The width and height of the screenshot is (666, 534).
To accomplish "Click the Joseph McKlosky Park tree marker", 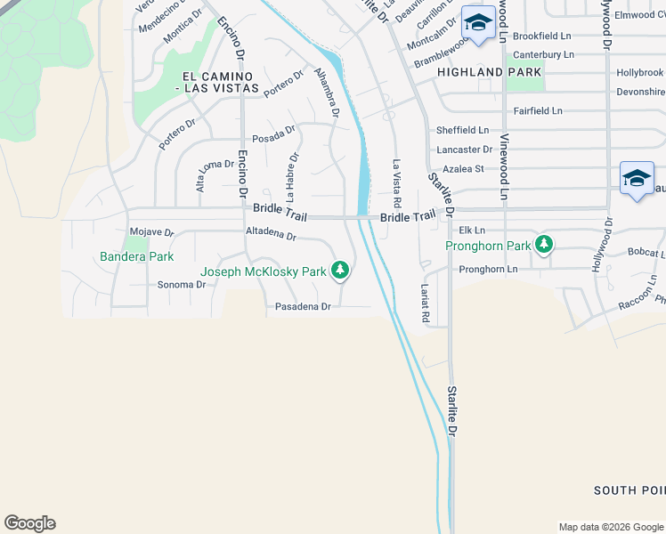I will click(339, 270).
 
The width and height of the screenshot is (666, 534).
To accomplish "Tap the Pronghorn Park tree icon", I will click(543, 244).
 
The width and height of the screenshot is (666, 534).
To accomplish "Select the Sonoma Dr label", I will click(182, 285).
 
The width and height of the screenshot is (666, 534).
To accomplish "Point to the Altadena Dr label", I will click(271, 234).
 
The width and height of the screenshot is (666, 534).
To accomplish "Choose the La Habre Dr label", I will click(292, 176).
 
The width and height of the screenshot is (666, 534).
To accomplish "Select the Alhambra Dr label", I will click(327, 94).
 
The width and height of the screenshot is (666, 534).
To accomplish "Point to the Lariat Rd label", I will click(426, 303).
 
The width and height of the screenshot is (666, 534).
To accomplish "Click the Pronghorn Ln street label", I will click(488, 269).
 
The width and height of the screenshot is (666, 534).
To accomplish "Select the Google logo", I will click(29, 523).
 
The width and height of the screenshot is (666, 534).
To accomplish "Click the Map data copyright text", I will click(610, 527).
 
